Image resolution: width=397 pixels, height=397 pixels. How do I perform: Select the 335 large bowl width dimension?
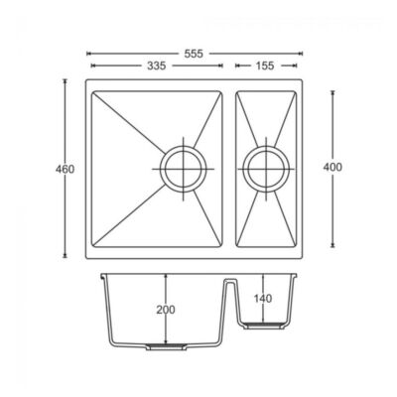[153, 65]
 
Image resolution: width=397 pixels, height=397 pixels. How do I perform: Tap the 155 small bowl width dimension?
[263, 65]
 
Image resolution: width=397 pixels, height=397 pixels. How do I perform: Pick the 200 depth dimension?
[166, 310]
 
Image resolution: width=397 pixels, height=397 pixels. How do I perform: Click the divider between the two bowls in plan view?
[229, 168]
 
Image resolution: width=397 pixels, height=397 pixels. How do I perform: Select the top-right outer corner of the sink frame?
[306, 79]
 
